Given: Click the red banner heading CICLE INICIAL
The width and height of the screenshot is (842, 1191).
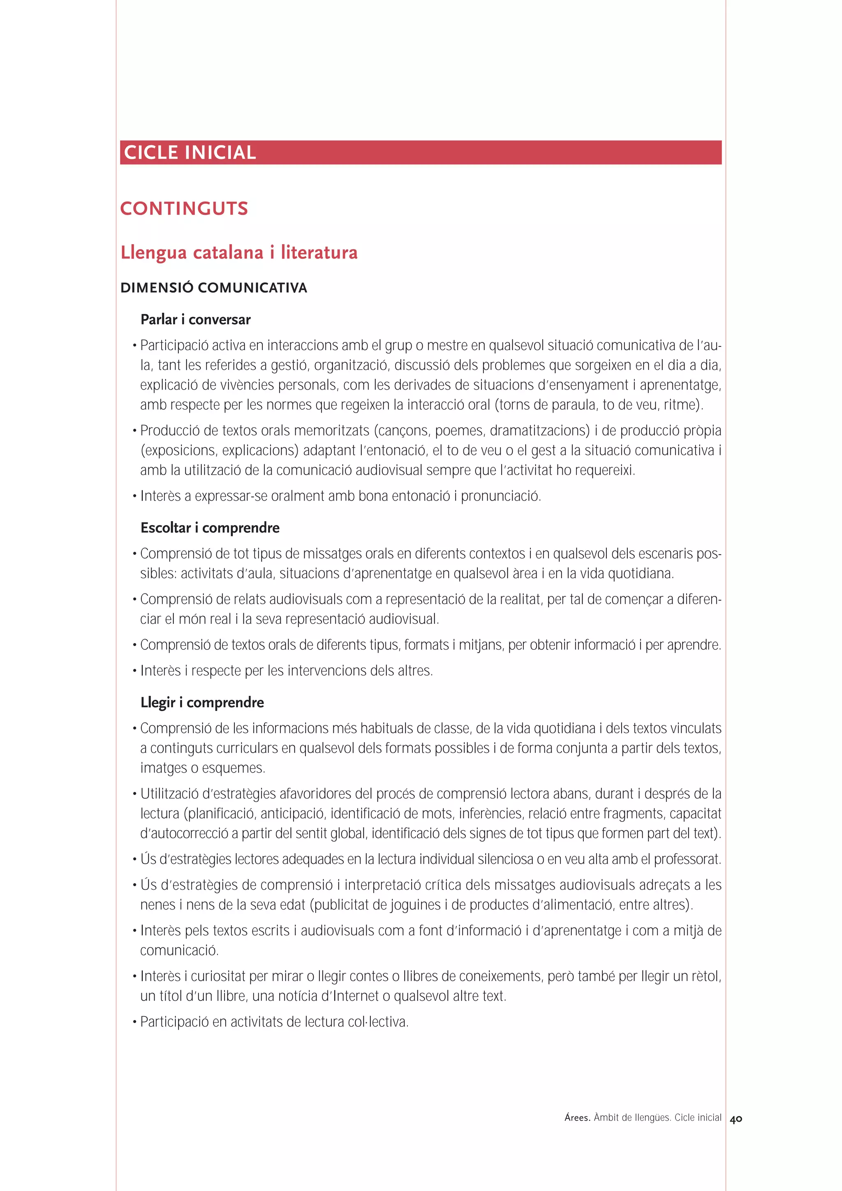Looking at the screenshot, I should tap(190, 152).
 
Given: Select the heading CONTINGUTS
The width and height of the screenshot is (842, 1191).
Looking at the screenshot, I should tap(184, 208).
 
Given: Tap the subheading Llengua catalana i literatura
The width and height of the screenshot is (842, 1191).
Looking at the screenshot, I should tap(238, 253).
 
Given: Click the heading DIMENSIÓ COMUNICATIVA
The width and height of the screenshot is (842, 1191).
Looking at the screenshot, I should tap(214, 288).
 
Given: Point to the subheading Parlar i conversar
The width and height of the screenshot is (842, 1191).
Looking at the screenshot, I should tap(196, 320).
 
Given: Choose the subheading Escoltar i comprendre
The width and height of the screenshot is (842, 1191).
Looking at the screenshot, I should tap(210, 528).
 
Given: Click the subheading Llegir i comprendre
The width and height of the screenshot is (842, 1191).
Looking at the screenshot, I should tap(202, 703).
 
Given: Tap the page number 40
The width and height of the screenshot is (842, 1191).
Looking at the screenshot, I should tap(736, 1119).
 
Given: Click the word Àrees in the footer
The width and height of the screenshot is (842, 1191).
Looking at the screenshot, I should tap(577, 1118).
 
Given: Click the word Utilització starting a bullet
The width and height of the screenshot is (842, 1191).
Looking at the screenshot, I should tap(173, 794).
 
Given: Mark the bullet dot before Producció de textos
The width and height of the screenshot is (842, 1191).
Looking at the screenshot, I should tap(134, 432).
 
